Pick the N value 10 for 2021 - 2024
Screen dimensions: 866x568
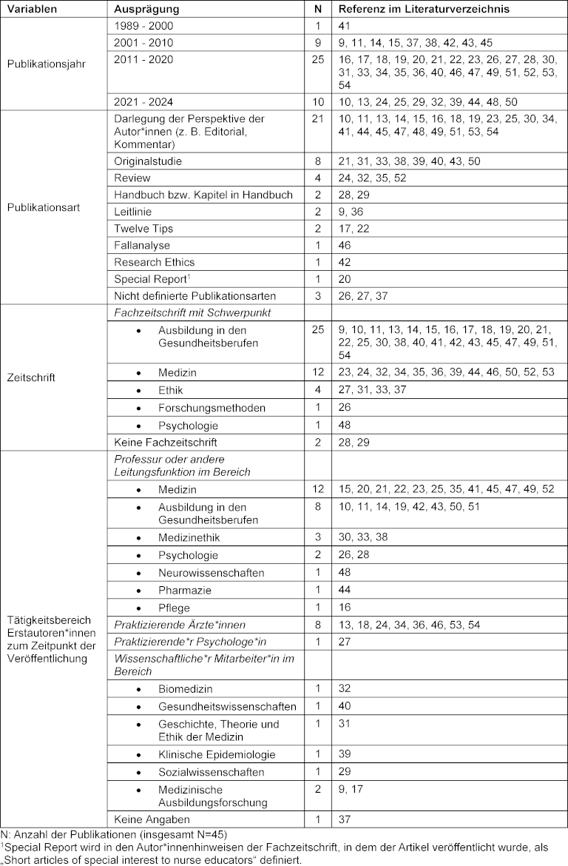318,101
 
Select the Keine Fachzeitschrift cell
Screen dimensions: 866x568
166,442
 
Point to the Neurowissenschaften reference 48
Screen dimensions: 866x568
345,572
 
